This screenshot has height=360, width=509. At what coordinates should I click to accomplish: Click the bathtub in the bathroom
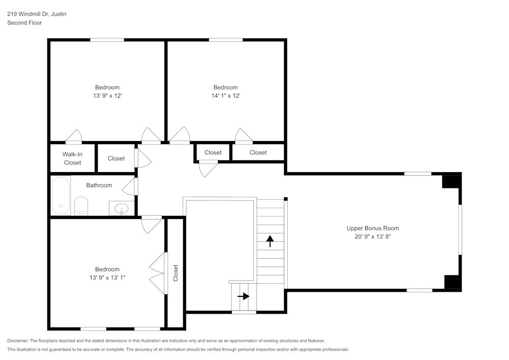61,196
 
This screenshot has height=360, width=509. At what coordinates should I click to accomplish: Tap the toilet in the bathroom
81,206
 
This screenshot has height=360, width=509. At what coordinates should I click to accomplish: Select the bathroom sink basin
122,208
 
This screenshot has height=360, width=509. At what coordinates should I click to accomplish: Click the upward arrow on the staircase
270,241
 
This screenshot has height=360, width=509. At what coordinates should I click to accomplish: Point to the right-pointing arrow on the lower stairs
243,296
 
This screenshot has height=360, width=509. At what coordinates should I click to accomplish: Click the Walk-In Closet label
72,158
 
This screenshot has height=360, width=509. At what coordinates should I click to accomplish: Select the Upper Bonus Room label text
373,228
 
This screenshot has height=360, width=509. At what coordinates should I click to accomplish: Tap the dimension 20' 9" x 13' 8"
373,237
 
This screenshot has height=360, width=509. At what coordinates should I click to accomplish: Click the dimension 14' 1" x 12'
225,96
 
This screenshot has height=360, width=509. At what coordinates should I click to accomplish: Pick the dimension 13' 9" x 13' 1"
107,278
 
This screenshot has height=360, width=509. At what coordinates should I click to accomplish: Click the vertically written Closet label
176,273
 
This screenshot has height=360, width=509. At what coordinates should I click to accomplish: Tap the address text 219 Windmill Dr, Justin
37,14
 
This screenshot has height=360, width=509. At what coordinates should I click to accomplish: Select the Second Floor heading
24,23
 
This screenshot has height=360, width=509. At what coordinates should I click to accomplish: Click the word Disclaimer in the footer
17,341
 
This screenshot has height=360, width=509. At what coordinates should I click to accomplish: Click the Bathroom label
99,185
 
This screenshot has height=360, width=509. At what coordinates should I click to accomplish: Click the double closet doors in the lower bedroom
158,273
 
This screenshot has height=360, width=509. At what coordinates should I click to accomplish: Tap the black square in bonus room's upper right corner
451,181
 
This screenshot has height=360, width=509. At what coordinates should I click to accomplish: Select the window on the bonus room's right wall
460,230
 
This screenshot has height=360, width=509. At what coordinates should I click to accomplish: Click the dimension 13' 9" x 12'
107,96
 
